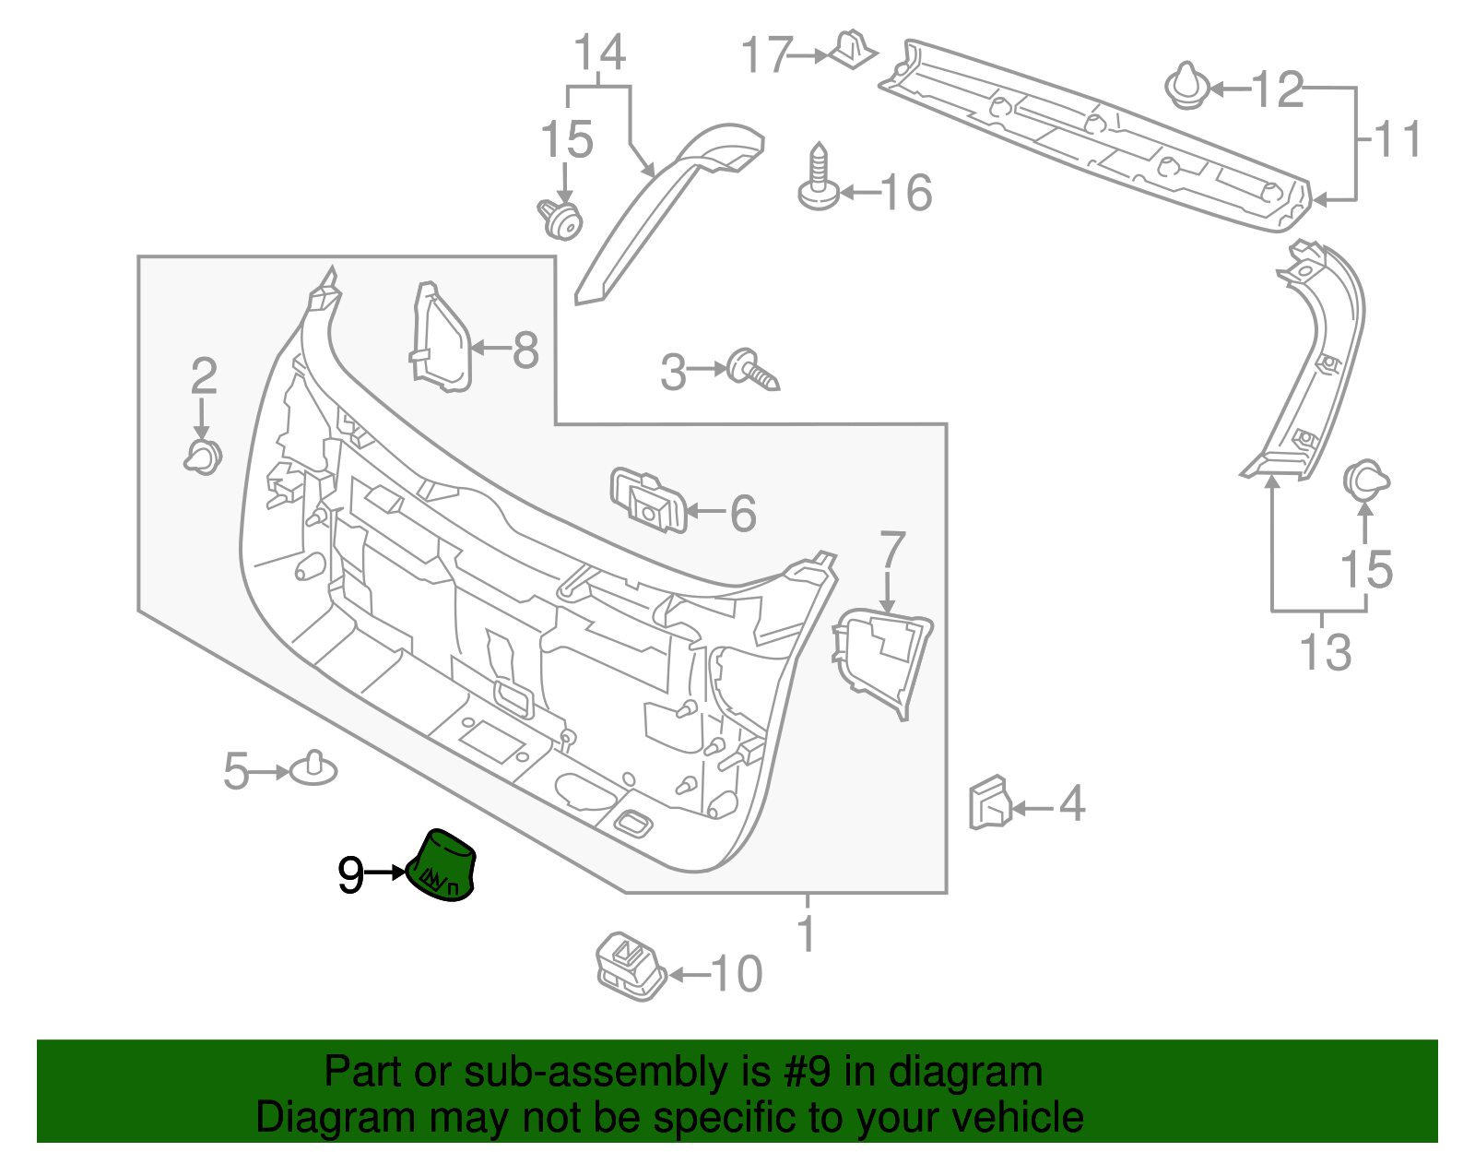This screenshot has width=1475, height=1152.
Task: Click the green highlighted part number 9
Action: [442, 865]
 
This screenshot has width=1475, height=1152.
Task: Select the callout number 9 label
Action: [350, 874]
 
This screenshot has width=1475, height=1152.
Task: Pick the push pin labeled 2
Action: [204, 457]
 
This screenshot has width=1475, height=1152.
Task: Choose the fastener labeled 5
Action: [313, 768]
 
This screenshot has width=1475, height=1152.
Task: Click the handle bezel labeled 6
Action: [649, 500]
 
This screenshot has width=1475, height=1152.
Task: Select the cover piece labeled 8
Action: [441, 339]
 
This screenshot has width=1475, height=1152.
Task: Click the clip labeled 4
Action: [989, 802]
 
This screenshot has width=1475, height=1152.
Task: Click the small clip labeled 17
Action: [854, 50]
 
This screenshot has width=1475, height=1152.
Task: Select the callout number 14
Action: [600, 53]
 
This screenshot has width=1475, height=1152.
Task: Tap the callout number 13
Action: [1325, 652]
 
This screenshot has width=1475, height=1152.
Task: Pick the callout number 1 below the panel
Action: [807, 933]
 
